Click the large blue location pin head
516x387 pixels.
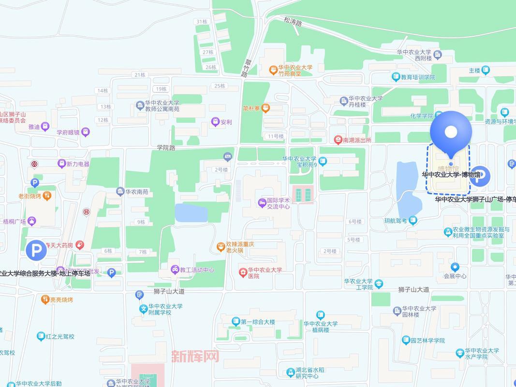pos(451,131)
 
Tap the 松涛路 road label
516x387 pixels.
pos(293,22)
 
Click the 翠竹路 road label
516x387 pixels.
pos(247,68)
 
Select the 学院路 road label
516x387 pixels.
pos(166,148)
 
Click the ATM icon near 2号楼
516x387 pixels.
pos(228,156)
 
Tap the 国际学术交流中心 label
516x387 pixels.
pos(279,203)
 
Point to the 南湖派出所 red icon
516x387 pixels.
pos(339,140)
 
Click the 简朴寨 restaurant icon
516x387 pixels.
pos(265,109)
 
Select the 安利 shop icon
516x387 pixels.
pos(215,122)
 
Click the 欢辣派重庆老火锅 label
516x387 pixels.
pos(240,247)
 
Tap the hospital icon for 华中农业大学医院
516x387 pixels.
pos(242,273)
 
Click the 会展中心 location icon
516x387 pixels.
pos(455,267)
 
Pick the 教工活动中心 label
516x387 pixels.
pos(196,270)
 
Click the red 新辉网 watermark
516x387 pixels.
pos(195,357)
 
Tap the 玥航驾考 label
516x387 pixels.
pos(395,221)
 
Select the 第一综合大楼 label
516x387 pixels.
pos(257,322)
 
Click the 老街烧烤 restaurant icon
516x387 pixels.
pos(47,196)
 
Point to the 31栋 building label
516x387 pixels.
pos(202,22)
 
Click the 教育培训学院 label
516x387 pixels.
pos(417,77)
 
